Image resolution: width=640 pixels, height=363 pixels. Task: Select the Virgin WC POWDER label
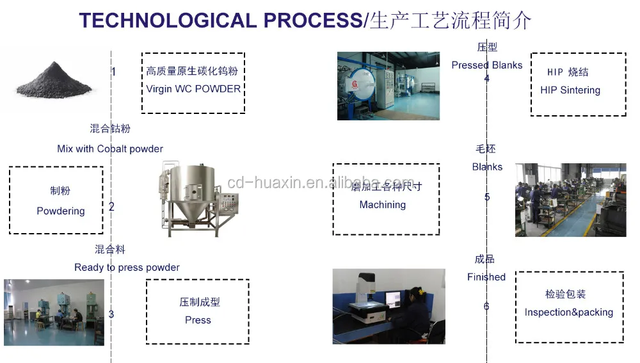193,89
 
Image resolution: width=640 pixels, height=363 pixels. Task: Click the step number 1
114,72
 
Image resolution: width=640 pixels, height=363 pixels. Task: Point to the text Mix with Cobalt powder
110,149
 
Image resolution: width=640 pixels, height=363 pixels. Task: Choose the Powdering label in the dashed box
61,211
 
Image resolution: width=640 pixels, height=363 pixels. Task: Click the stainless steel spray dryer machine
189,195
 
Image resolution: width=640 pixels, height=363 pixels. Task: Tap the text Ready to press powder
127,267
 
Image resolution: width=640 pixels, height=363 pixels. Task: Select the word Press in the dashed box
198,320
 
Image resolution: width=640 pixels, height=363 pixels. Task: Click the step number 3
111,314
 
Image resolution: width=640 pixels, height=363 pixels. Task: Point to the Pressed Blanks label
486,65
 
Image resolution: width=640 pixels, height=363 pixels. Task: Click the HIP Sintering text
570,90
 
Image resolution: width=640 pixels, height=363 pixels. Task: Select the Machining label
382,205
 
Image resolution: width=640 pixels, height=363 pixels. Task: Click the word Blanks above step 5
487,166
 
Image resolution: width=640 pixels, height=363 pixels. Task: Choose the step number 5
487,197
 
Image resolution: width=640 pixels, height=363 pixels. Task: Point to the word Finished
486,277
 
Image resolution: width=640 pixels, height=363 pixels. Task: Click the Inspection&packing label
568,312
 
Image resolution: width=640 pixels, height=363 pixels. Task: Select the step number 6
486,307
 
